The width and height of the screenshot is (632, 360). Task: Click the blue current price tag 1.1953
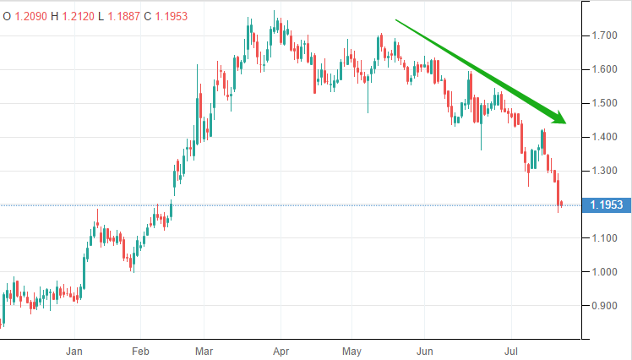(607, 205)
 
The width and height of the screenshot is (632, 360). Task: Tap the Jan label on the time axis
(75, 349)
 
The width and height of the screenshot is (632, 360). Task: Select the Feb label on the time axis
(140, 349)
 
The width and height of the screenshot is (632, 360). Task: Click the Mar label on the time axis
(204, 349)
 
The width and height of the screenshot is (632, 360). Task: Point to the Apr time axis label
(281, 349)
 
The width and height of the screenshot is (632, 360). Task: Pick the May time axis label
(352, 349)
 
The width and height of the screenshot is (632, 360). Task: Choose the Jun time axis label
(427, 349)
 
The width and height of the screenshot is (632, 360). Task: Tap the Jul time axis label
(511, 349)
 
